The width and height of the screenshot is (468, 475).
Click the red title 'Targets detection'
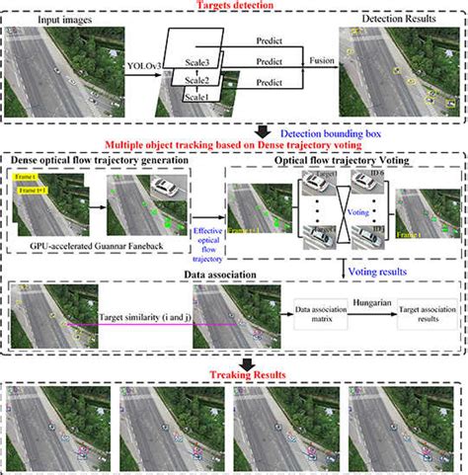[234, 7]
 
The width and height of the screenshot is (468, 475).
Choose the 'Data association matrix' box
[319, 315]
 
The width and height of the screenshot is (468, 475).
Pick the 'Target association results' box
[428, 315]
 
